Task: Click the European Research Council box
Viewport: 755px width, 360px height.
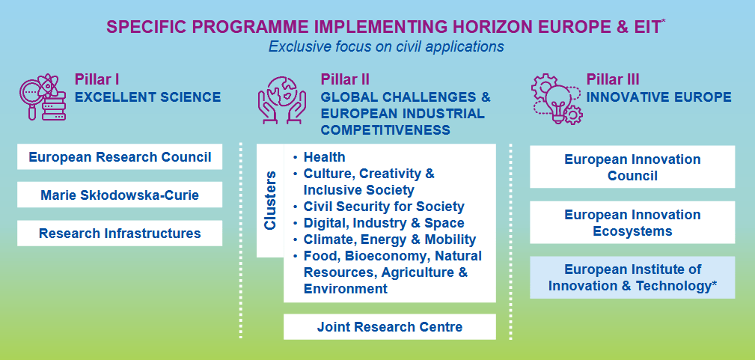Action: (120, 156)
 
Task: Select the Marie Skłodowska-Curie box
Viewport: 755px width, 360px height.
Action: (120, 195)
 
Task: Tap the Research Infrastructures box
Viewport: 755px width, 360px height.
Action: (120, 234)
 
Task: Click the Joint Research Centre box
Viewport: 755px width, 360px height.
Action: (390, 327)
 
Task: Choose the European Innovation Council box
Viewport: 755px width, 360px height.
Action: (632, 167)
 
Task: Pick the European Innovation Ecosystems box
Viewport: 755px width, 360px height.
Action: (632, 222)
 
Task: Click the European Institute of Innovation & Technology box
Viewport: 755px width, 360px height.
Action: (632, 278)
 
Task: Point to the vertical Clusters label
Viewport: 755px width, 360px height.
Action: (270, 200)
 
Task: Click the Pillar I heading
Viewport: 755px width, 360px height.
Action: (97, 79)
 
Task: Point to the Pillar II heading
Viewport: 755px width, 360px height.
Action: (345, 79)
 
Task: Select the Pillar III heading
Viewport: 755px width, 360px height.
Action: (613, 79)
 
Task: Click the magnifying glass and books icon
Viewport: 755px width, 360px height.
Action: (43, 98)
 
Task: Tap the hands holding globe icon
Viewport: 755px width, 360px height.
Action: (282, 99)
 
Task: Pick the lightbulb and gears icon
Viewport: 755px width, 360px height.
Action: (557, 100)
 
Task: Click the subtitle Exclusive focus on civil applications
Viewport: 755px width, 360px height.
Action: (386, 46)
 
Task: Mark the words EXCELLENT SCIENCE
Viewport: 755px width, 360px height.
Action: (148, 97)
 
